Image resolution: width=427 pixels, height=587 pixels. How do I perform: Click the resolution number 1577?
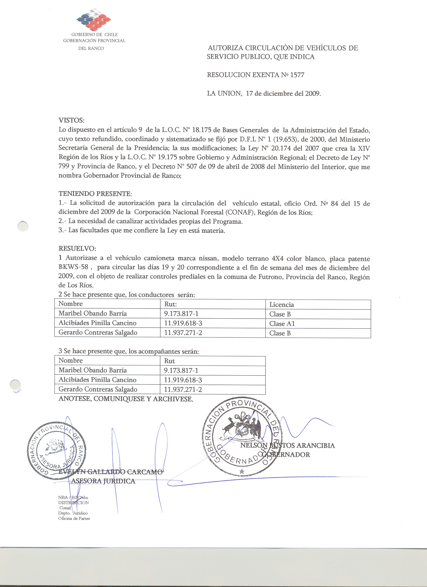coord(297,75)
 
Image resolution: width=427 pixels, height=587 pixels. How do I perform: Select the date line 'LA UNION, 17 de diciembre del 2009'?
coord(264,93)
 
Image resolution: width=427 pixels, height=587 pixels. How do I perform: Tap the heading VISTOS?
coord(72,120)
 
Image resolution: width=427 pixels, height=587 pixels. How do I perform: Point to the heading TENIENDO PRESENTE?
coord(95,194)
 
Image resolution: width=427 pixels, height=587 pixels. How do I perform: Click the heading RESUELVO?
coord(77,248)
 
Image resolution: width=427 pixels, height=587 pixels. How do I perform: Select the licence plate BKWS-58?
coord(73,267)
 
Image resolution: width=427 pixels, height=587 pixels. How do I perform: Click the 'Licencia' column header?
coord(281,305)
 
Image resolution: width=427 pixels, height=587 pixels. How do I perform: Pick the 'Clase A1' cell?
coord(282,324)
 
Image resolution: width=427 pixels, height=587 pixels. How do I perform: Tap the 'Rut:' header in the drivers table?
coord(171,304)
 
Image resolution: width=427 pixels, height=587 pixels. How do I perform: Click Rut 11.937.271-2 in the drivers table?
coord(183,333)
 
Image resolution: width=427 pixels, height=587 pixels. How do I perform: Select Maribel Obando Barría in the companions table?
coord(92,370)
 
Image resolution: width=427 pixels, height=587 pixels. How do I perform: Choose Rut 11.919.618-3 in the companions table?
coord(183,380)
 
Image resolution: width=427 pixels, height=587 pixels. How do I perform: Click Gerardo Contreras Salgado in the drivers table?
coord(98,333)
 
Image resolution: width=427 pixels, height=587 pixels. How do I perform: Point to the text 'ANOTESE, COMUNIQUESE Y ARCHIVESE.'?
coord(126,399)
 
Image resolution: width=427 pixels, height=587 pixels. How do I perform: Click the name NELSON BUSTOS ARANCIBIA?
coord(287,446)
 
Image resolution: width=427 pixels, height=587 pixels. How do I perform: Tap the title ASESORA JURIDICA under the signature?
coord(103,481)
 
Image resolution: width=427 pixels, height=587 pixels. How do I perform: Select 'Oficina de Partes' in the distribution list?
coord(74,519)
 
